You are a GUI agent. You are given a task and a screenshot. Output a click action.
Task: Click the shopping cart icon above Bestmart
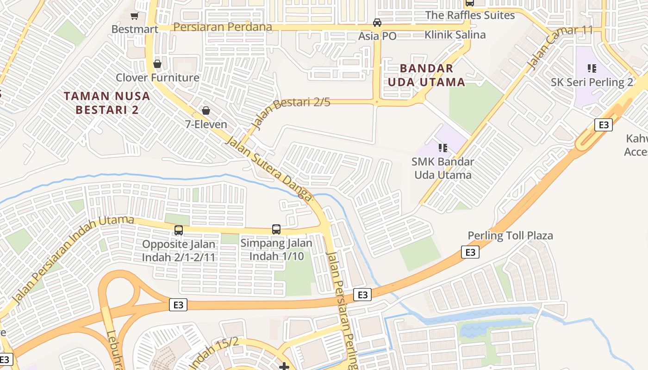click(134, 16)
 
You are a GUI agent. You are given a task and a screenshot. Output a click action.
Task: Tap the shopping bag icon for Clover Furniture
click(157, 64)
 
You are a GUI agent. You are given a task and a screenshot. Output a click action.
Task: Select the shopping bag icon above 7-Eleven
click(206, 111)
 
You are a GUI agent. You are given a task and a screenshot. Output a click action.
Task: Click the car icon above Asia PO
click(377, 23)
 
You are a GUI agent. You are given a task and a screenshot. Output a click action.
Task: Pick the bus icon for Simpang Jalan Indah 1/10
click(276, 229)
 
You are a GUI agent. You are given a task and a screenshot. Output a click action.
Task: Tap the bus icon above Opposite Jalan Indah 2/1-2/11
click(179, 230)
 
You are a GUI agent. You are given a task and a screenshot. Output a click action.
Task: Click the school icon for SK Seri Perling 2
click(592, 68)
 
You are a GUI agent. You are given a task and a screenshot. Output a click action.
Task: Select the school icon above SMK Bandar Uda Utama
click(442, 148)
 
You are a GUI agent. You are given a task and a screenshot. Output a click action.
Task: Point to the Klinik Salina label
click(455, 35)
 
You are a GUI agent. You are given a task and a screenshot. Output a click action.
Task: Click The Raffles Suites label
click(470, 15)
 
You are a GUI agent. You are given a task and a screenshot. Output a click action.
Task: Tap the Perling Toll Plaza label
click(510, 235)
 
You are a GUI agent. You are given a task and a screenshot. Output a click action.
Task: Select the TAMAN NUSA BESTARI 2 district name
click(107, 103)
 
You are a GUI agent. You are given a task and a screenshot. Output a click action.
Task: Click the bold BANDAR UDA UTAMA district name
click(426, 75)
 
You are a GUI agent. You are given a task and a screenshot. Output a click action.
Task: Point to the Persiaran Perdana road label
click(223, 27)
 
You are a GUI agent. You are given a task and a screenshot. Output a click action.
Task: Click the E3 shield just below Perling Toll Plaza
click(470, 252)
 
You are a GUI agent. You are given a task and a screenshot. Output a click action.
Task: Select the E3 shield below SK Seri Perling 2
click(603, 124)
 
